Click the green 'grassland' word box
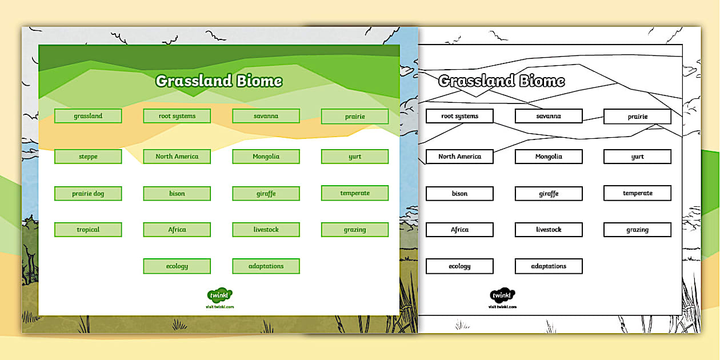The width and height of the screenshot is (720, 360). (88, 116)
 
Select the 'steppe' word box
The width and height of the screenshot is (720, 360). (88, 157)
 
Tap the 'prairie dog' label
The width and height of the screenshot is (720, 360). (88, 194)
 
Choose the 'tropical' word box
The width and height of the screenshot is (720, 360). (88, 230)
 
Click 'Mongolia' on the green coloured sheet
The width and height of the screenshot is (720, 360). (266, 157)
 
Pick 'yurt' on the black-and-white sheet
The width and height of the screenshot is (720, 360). (637, 157)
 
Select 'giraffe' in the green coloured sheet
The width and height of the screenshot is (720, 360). (266, 194)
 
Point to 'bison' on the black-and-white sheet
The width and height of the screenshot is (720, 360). (459, 194)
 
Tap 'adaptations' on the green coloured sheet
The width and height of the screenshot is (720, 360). (266, 266)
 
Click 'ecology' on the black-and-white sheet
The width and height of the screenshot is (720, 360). (459, 266)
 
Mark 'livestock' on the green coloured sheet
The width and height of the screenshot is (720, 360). (266, 230)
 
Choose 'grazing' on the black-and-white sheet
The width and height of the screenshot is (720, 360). (637, 230)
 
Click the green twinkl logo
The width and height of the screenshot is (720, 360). (219, 295)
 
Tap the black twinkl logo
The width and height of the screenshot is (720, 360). (502, 295)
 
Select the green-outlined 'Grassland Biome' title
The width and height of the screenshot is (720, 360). (219, 81)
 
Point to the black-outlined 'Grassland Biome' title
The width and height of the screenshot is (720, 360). (501, 81)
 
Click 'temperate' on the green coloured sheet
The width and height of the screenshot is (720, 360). (355, 193)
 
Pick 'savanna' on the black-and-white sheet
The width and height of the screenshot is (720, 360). (549, 116)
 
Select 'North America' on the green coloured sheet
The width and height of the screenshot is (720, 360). (177, 157)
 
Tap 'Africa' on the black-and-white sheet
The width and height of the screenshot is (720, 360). (459, 230)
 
